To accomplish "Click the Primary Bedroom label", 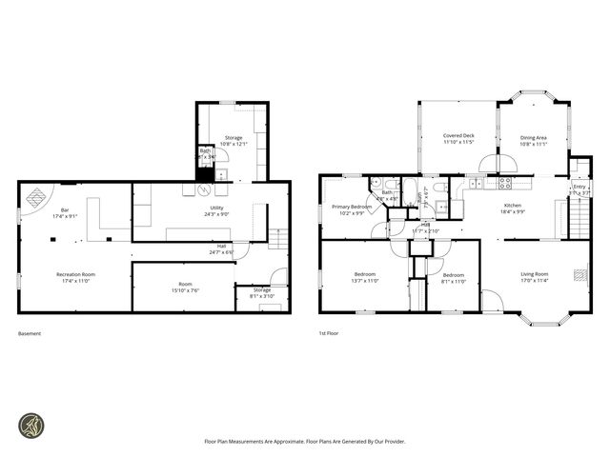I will pyautogui.click(x=352, y=209).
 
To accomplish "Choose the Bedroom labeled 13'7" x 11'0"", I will pyautogui.click(x=366, y=278).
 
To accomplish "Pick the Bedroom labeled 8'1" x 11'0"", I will pyautogui.click(x=453, y=278).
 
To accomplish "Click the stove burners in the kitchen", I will pyautogui.click(x=505, y=182).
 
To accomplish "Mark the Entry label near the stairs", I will pyautogui.click(x=579, y=189).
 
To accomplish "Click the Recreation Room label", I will pyautogui.click(x=73, y=277).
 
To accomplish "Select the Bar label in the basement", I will pyautogui.click(x=65, y=212).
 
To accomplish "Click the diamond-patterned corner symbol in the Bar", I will pyautogui.click(x=35, y=198).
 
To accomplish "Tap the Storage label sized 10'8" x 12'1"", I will pyautogui.click(x=234, y=141).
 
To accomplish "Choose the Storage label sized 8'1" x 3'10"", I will pyautogui.click(x=261, y=292).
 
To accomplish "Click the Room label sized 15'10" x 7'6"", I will pyautogui.click(x=185, y=287).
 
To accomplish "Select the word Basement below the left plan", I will pyautogui.click(x=30, y=333).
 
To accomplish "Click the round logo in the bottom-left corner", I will pyautogui.click(x=32, y=425).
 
